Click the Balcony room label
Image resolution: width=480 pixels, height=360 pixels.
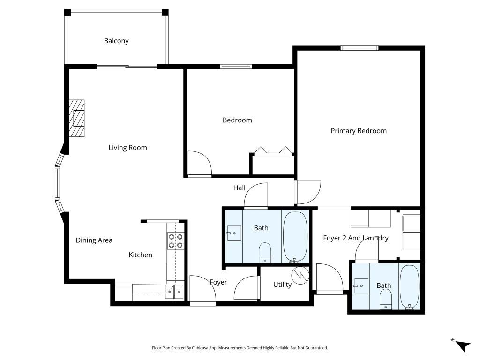click(116, 41)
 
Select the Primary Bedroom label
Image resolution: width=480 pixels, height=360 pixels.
click(359, 131)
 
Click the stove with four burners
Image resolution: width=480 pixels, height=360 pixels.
click(175, 241)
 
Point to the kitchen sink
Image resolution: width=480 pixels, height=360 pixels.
click(174, 292)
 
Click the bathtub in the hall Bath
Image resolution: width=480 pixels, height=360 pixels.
click(295, 236)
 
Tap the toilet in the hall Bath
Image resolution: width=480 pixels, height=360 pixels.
click(265, 252)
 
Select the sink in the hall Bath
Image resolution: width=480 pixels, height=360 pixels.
click(233, 232)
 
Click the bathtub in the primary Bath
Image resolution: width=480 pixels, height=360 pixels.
click(410, 287)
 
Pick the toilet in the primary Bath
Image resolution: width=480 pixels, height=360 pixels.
click(385, 299)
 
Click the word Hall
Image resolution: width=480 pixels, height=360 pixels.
click(239, 188)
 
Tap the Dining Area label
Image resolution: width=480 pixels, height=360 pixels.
click(94, 240)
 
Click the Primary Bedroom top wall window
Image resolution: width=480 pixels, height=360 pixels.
click(359, 47)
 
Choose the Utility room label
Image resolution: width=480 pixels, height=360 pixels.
click(282, 285)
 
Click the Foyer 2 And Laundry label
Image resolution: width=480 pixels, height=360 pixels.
click(356, 238)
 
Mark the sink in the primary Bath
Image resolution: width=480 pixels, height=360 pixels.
click(361, 285)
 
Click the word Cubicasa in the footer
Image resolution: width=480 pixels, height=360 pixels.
click(199, 348)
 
